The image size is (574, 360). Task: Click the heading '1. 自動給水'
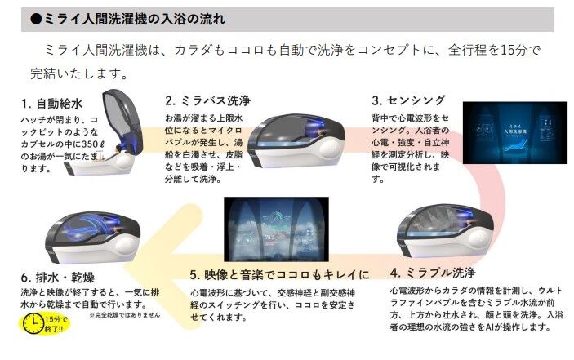pos(54,104)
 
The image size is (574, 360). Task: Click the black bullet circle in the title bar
pos(35,18)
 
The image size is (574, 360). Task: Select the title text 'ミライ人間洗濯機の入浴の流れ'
pos(140,18)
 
